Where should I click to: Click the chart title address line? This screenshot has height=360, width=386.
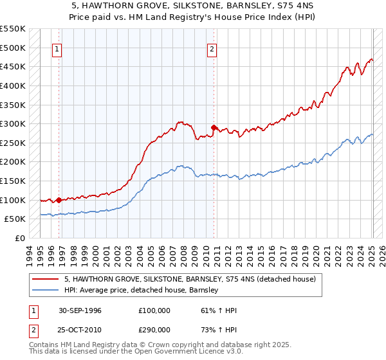coord(193,6)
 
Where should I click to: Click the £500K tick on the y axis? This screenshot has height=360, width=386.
coord(12,48)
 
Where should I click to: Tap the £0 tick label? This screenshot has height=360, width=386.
coord(19,238)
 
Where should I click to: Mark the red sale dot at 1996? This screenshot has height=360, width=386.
coord(59,200)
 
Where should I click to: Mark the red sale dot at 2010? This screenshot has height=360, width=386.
coord(214,127)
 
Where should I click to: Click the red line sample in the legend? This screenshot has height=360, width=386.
coord(46,280)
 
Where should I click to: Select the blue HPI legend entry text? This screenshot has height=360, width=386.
coord(142,291)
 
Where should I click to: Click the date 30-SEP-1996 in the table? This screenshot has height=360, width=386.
coord(80,310)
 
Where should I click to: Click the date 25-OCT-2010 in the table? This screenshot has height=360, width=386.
coord(80,328)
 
